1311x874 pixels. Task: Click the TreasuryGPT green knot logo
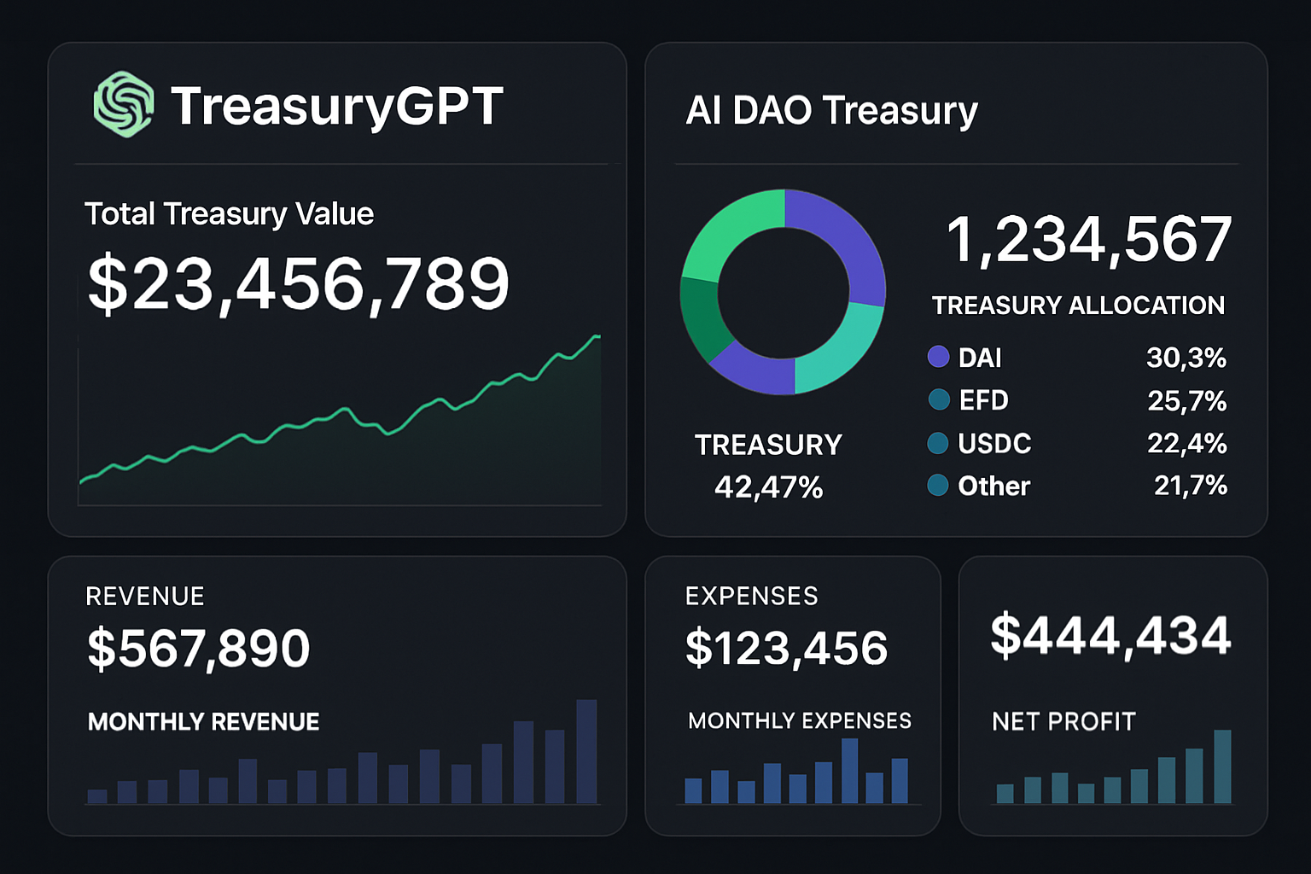pyautogui.click(x=124, y=104)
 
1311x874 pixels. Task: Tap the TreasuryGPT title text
pyautogui.click(x=336, y=107)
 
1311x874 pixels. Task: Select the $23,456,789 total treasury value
pyautogui.click(x=298, y=284)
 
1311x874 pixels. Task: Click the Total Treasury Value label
pyautogui.click(x=229, y=213)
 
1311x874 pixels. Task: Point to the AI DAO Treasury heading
pyautogui.click(x=831, y=111)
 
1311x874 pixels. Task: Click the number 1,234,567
pyautogui.click(x=1089, y=239)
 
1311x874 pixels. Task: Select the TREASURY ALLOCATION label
pyautogui.click(x=1078, y=306)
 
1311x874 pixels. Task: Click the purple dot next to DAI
pyautogui.click(x=938, y=357)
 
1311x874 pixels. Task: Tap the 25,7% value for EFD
pyautogui.click(x=1186, y=400)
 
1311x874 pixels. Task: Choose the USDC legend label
pyautogui.click(x=994, y=444)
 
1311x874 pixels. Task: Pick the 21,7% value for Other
pyautogui.click(x=1190, y=486)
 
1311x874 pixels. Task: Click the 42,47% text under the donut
pyautogui.click(x=768, y=487)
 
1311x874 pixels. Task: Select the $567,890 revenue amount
pyautogui.click(x=198, y=649)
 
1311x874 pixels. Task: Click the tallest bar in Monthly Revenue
pyautogui.click(x=586, y=751)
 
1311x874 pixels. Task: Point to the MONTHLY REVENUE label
pyautogui.click(x=203, y=722)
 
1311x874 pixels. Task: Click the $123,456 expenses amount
pyautogui.click(x=786, y=649)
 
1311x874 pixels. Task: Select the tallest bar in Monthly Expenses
pyautogui.click(x=849, y=771)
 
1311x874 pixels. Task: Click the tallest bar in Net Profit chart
pyautogui.click(x=1222, y=766)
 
